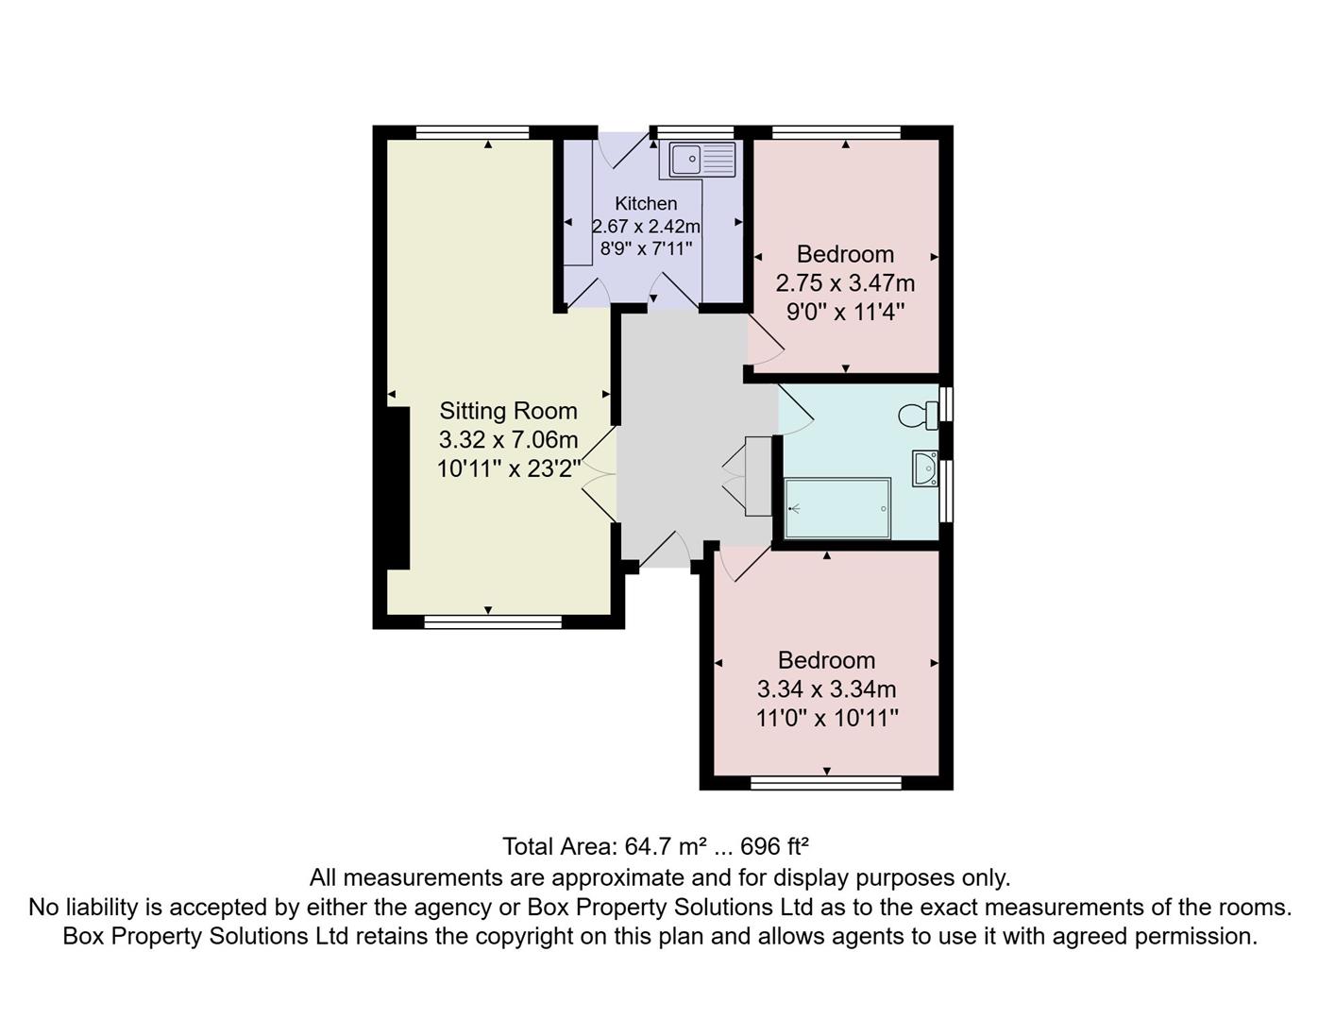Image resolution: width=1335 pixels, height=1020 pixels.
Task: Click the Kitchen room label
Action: tap(646, 203)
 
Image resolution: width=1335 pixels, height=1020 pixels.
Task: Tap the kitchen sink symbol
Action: tap(701, 160)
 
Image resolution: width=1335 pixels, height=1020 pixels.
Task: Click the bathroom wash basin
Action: tap(925, 468)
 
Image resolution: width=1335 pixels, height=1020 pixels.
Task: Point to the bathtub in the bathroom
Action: tap(837, 508)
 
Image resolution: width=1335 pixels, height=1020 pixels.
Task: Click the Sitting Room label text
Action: tap(508, 411)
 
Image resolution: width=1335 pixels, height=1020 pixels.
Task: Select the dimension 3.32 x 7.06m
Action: tap(508, 439)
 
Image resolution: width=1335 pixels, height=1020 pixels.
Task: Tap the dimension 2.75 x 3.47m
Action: tap(845, 283)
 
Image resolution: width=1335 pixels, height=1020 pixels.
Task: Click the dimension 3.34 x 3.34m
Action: tap(826, 689)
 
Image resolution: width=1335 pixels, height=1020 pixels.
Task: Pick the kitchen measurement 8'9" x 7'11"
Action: tap(647, 249)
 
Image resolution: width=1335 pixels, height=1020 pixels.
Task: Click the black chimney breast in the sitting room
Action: tap(397, 487)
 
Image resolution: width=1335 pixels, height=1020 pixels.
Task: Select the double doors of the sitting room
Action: tap(600, 473)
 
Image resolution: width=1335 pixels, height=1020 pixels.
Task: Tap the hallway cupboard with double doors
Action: tap(757, 476)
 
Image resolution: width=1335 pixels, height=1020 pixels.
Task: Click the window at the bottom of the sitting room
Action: tap(493, 621)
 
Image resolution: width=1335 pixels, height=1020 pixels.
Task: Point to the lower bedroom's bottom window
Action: tap(826, 782)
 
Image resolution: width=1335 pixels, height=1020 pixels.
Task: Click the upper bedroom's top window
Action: tap(836, 132)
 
